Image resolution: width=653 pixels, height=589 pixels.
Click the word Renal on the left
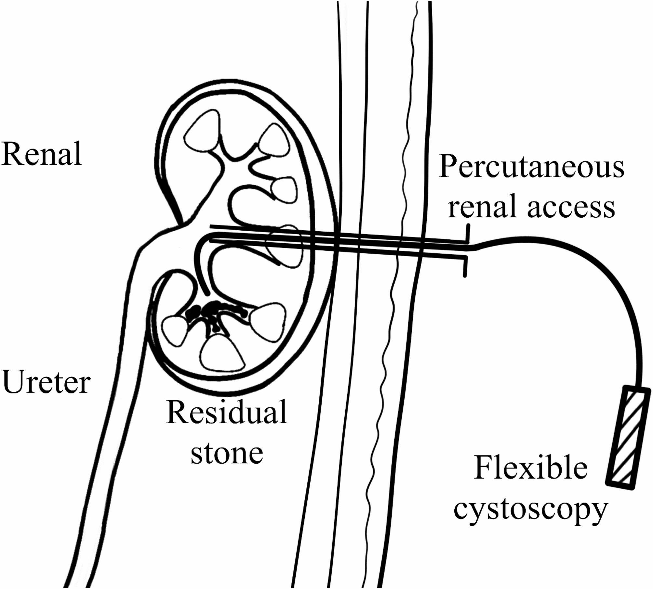click(x=41, y=154)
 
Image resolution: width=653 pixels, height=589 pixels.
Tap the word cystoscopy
click(x=530, y=509)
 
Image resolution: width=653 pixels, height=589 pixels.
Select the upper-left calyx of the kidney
click(x=203, y=131)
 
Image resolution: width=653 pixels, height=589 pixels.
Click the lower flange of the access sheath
click(x=465, y=265)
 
